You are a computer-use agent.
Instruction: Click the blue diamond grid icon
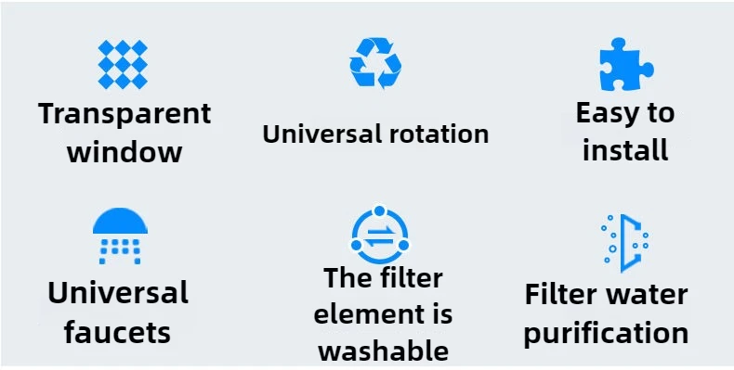(124, 65)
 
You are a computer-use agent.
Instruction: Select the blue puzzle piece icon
(625, 66)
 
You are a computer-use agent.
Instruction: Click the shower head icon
(121, 235)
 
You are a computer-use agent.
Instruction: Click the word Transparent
(125, 114)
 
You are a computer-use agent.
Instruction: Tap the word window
(125, 152)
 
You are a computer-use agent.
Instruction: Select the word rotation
(434, 134)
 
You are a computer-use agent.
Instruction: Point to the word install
(625, 149)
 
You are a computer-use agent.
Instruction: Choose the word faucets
(118, 332)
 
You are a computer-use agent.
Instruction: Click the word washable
(383, 351)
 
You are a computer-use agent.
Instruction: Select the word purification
(606, 333)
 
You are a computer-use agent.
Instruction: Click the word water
(647, 295)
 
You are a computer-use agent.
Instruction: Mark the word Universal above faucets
(118, 293)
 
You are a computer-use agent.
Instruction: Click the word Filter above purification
(560, 295)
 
